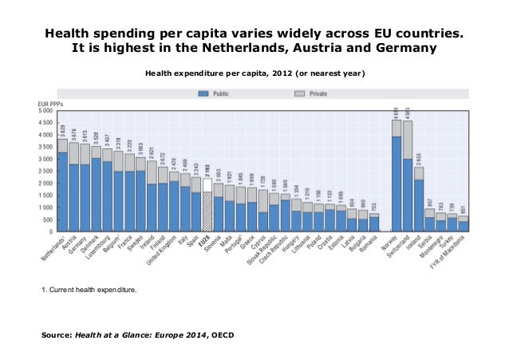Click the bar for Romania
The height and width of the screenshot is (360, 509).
click(374, 223)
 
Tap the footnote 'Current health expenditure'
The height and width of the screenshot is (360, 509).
click(89, 299)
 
